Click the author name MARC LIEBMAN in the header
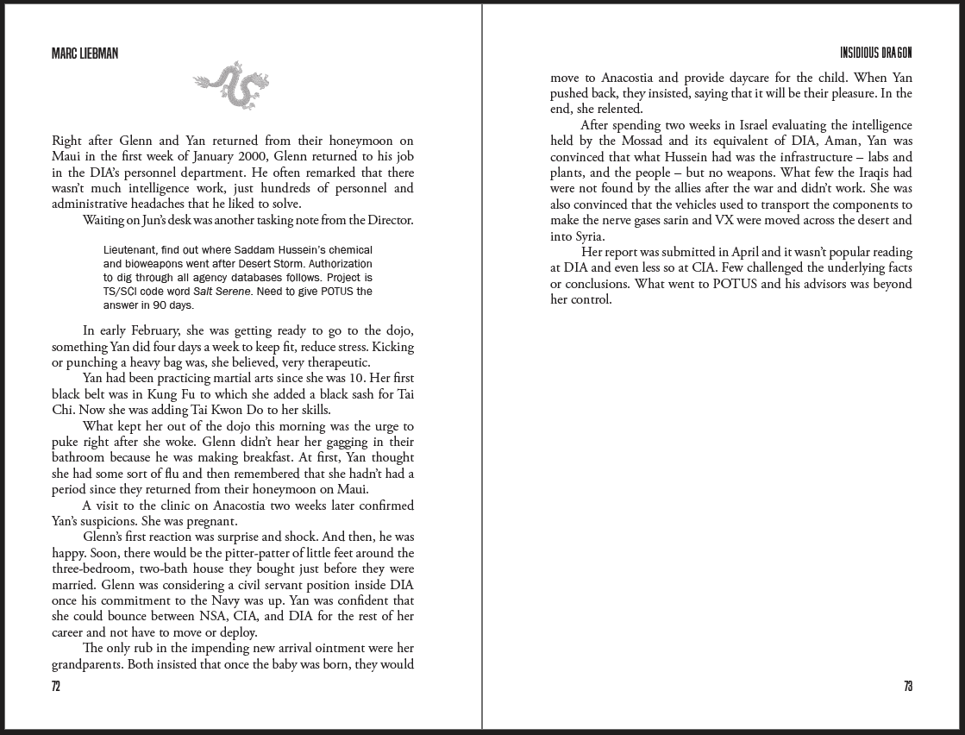tap(85, 53)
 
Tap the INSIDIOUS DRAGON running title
tap(875, 53)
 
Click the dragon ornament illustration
tap(231, 85)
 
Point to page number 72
tap(56, 687)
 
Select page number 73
tap(907, 687)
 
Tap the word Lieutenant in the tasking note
tap(130, 249)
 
